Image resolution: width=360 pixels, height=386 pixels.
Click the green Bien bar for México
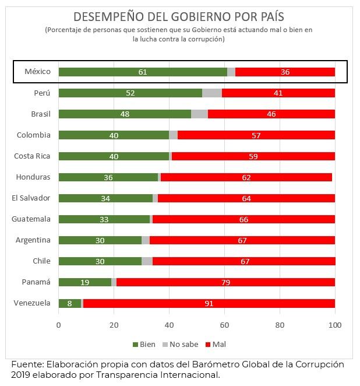coord(143,72)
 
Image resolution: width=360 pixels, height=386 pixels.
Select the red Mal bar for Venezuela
coord(209,303)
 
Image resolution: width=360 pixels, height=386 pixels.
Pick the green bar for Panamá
coord(85,282)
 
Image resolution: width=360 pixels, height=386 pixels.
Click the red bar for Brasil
coord(271,114)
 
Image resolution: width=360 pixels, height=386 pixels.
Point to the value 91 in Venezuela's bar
coord(209,303)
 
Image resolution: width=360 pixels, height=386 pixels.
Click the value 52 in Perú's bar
coord(131,93)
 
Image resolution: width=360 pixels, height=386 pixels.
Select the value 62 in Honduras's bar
coord(246,177)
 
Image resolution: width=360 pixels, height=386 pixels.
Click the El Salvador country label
coord(31,198)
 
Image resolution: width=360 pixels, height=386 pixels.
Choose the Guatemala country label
coord(31,219)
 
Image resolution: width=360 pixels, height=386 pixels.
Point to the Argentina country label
coord(33,240)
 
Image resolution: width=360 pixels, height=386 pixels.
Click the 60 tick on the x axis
coord(224,325)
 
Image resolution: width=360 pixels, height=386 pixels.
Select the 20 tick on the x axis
coord(114,325)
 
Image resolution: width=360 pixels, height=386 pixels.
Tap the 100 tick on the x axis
coord(335,325)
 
